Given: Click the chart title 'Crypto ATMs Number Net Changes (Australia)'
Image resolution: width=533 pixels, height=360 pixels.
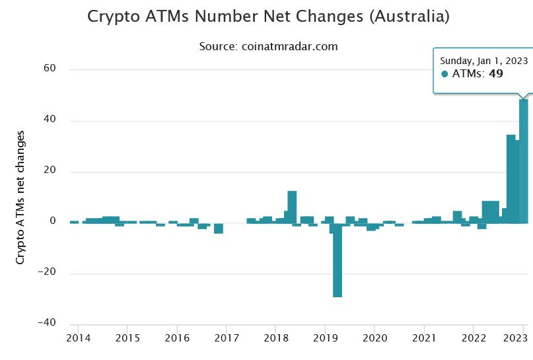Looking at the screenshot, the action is coord(269,17).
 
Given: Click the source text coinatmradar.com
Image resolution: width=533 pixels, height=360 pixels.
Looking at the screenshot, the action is coord(289,46).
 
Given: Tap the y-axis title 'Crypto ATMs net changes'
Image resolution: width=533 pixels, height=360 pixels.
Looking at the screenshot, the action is coord(20,197).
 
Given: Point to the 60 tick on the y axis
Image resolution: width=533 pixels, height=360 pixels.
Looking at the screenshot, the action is coord(50,68).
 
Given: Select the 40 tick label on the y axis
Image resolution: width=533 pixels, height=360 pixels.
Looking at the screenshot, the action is coord(50,119).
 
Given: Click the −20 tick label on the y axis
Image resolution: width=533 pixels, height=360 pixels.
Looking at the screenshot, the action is coord(47,271).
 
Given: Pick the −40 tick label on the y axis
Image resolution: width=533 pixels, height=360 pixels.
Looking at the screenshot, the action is coord(47,322).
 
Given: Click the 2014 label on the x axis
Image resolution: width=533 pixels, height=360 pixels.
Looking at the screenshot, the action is coord(78,338).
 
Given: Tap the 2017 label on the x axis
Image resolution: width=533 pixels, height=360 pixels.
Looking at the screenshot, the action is coord(227,338).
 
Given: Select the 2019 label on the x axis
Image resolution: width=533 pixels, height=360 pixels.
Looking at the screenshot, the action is coord(326,338).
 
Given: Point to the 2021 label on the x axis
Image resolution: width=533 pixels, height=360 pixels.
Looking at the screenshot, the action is coord(424,338).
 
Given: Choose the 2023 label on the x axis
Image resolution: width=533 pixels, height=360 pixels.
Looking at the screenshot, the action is coord(515,338).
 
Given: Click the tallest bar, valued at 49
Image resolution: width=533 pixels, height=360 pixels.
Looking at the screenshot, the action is coord(524,161).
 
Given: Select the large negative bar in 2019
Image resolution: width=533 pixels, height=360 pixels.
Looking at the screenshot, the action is coord(338,260).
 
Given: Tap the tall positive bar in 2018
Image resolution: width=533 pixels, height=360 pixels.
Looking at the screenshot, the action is coord(292,207).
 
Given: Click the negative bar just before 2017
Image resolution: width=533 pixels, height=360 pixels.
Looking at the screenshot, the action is coord(219,229).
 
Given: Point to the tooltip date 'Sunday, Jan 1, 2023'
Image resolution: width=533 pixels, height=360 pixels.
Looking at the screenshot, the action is coord(483,61).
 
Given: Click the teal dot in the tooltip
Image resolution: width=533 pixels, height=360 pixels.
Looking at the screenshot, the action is coord(444,74).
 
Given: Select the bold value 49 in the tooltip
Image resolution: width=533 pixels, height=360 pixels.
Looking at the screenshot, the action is coord(496,73).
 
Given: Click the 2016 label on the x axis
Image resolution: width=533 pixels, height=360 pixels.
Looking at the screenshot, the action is coord(177,338).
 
